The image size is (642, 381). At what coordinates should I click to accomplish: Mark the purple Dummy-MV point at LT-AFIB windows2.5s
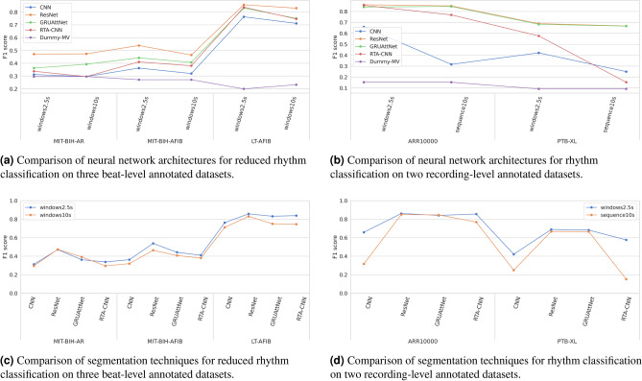tap(244, 89)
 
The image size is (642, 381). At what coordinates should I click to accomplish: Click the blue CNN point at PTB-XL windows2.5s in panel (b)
tap(538, 53)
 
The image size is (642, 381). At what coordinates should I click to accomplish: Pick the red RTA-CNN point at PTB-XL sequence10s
tap(626, 83)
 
